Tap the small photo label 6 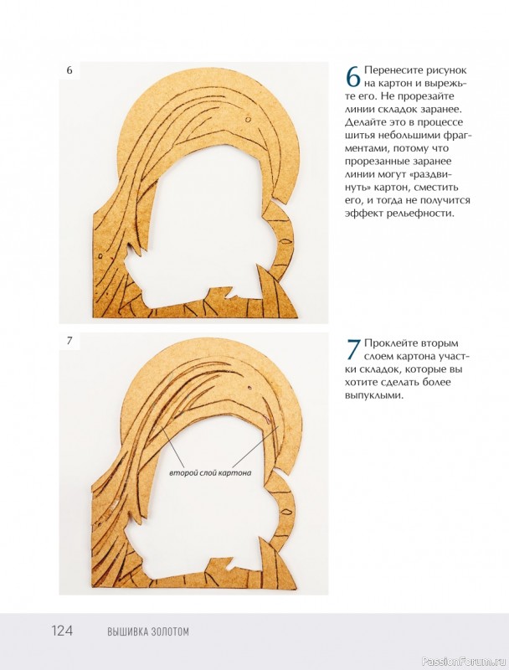69,70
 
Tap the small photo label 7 69,341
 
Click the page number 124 62,631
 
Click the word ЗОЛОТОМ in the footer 170,631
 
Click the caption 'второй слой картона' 210,473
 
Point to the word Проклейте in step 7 390,343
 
